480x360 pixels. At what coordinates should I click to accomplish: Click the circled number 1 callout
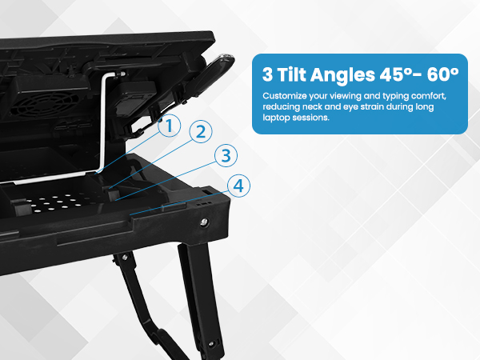tap(168, 126)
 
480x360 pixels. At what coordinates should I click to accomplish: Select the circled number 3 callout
tap(226, 155)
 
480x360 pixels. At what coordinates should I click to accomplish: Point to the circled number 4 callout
tap(238, 186)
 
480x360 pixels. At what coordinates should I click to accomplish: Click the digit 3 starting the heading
tap(267, 74)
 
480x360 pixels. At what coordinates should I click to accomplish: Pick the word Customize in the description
tap(283, 95)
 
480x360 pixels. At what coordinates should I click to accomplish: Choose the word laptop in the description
tap(275, 118)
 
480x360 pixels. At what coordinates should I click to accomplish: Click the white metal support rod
tap(105, 120)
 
